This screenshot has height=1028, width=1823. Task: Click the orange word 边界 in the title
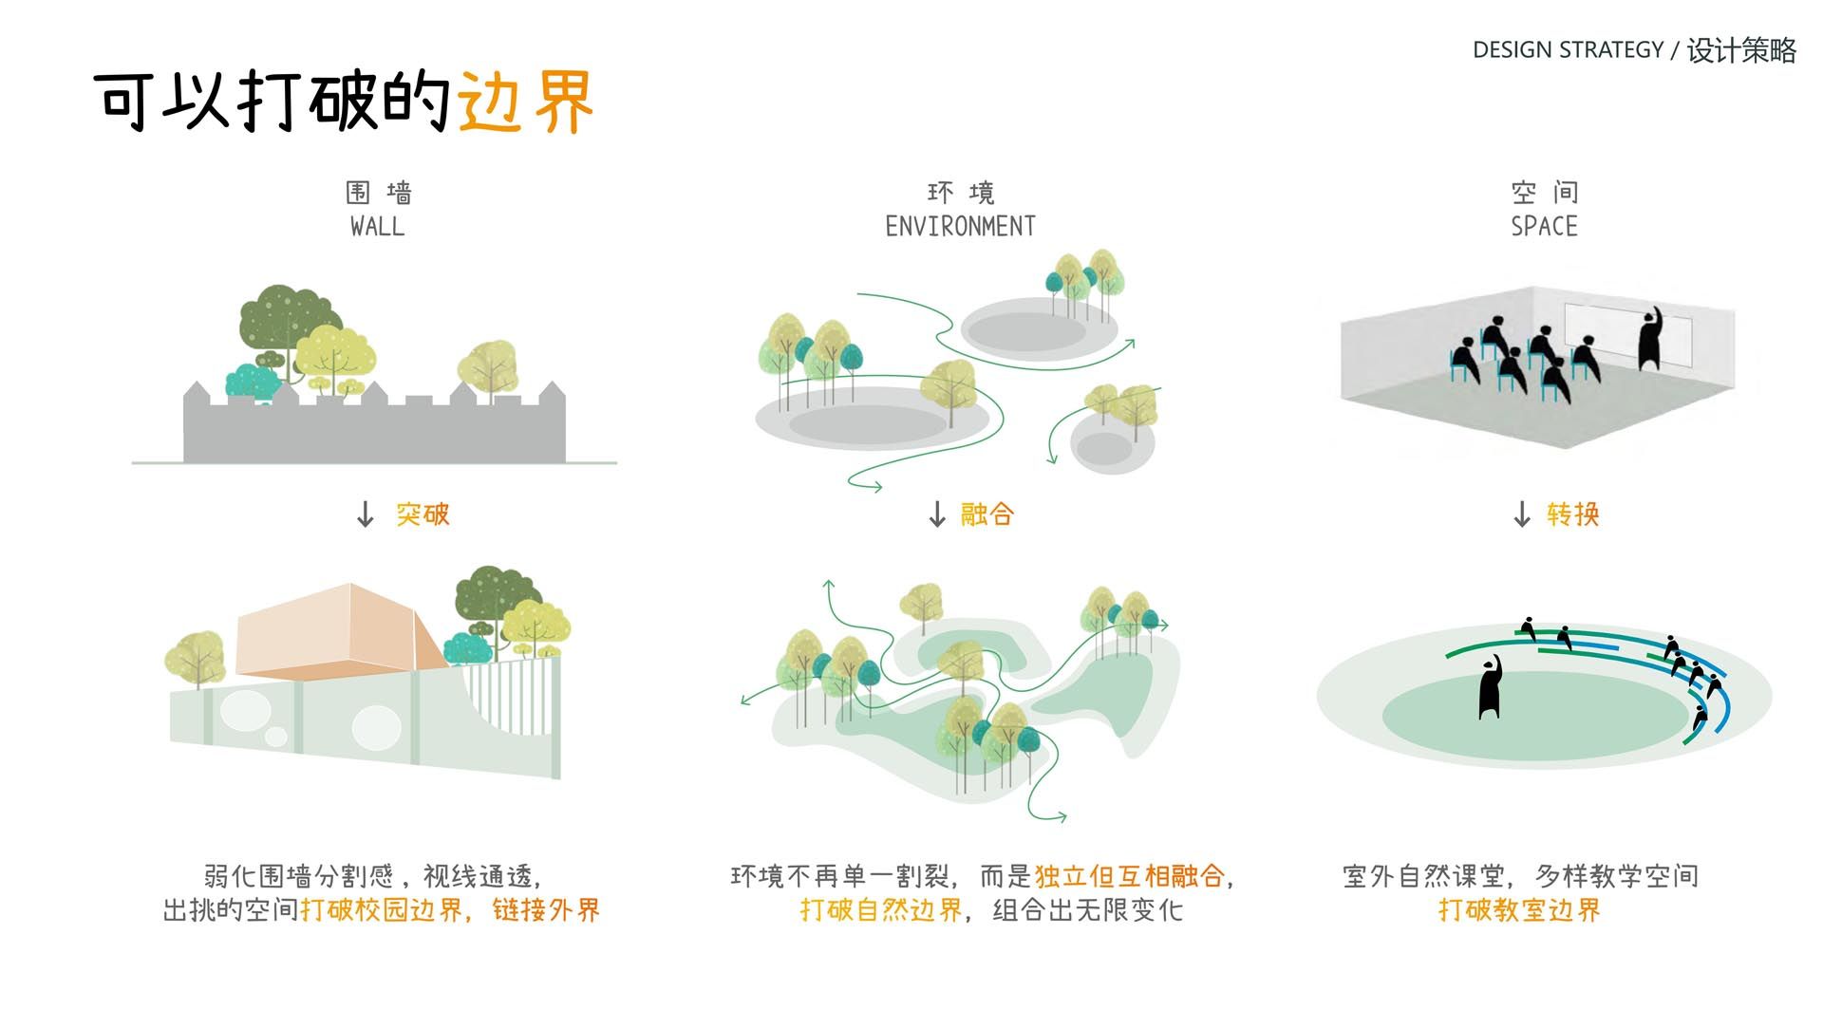coord(526,101)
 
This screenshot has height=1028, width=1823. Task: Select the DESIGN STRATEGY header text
coord(1568,49)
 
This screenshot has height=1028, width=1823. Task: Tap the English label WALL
coord(377,227)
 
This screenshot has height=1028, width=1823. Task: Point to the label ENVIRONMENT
coord(960,227)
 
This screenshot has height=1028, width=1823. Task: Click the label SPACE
coord(1544,227)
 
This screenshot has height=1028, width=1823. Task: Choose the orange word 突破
coord(423,514)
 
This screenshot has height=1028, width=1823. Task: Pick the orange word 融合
coord(987,514)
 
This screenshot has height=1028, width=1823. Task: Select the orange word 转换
coord(1573,514)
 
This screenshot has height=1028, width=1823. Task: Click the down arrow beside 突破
coord(366,514)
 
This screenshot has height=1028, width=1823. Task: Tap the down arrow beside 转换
coord(1522,514)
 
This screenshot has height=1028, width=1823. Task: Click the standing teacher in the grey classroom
coord(1650,339)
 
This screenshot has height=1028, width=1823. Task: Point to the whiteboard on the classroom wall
coord(1628,337)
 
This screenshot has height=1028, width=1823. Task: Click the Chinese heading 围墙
coord(378,193)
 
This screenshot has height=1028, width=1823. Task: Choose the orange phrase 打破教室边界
coord(1519,910)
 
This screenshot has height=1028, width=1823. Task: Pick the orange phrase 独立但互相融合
coord(1130,876)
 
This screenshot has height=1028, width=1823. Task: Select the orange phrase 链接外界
coord(546,910)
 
